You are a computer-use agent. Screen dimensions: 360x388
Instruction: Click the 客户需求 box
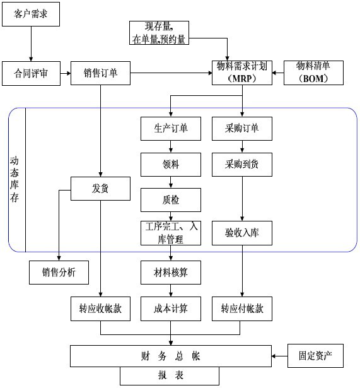pos(31,14)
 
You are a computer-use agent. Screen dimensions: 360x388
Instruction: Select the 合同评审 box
pos(31,73)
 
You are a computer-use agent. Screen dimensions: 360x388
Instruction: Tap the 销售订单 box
pos(100,73)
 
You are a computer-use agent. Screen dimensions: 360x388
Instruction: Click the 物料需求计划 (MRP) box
pos(242,73)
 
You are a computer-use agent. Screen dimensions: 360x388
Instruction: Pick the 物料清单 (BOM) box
pos(313,73)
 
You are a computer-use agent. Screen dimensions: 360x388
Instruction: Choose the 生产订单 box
pos(171,129)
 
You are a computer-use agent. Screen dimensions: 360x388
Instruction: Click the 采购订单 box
pos(242,129)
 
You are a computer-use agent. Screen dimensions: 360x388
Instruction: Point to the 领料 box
pos(171,165)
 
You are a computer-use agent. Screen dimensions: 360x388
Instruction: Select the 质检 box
pos(171,200)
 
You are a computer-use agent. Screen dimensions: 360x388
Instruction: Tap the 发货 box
pos(100,189)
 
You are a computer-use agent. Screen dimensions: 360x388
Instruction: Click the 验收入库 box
pos(242,233)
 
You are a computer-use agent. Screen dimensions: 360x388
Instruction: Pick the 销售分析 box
pos(59,273)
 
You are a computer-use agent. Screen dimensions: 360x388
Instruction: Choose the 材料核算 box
pos(171,273)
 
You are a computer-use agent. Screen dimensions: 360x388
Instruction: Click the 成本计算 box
pos(171,309)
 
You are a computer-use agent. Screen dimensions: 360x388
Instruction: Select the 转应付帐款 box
pos(242,309)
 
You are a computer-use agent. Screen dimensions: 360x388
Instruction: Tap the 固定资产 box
pos(315,356)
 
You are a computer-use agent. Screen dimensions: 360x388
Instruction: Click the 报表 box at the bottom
pos(170,376)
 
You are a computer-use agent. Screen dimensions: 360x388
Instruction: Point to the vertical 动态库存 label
pos(15,180)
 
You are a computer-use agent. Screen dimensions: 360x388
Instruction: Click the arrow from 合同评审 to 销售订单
pos(66,73)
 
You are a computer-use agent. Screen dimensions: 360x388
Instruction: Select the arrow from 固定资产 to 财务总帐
pos(280,356)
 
